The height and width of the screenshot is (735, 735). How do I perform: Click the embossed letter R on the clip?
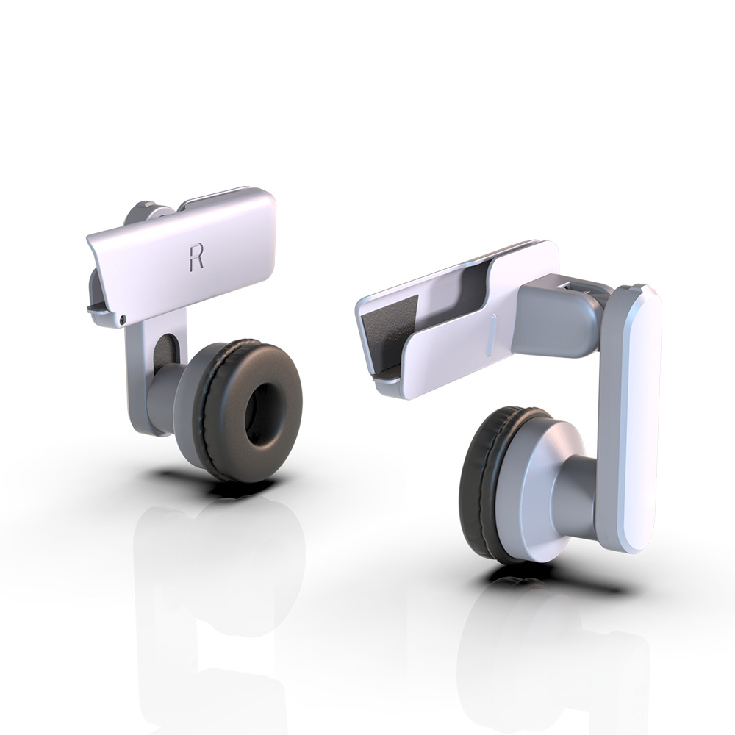[196, 257]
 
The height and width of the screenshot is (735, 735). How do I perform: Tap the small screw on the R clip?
[122, 319]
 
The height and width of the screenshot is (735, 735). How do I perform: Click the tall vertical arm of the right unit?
[628, 419]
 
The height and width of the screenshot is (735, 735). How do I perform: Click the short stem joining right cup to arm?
[581, 489]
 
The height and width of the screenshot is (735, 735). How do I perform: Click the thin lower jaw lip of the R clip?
[103, 310]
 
